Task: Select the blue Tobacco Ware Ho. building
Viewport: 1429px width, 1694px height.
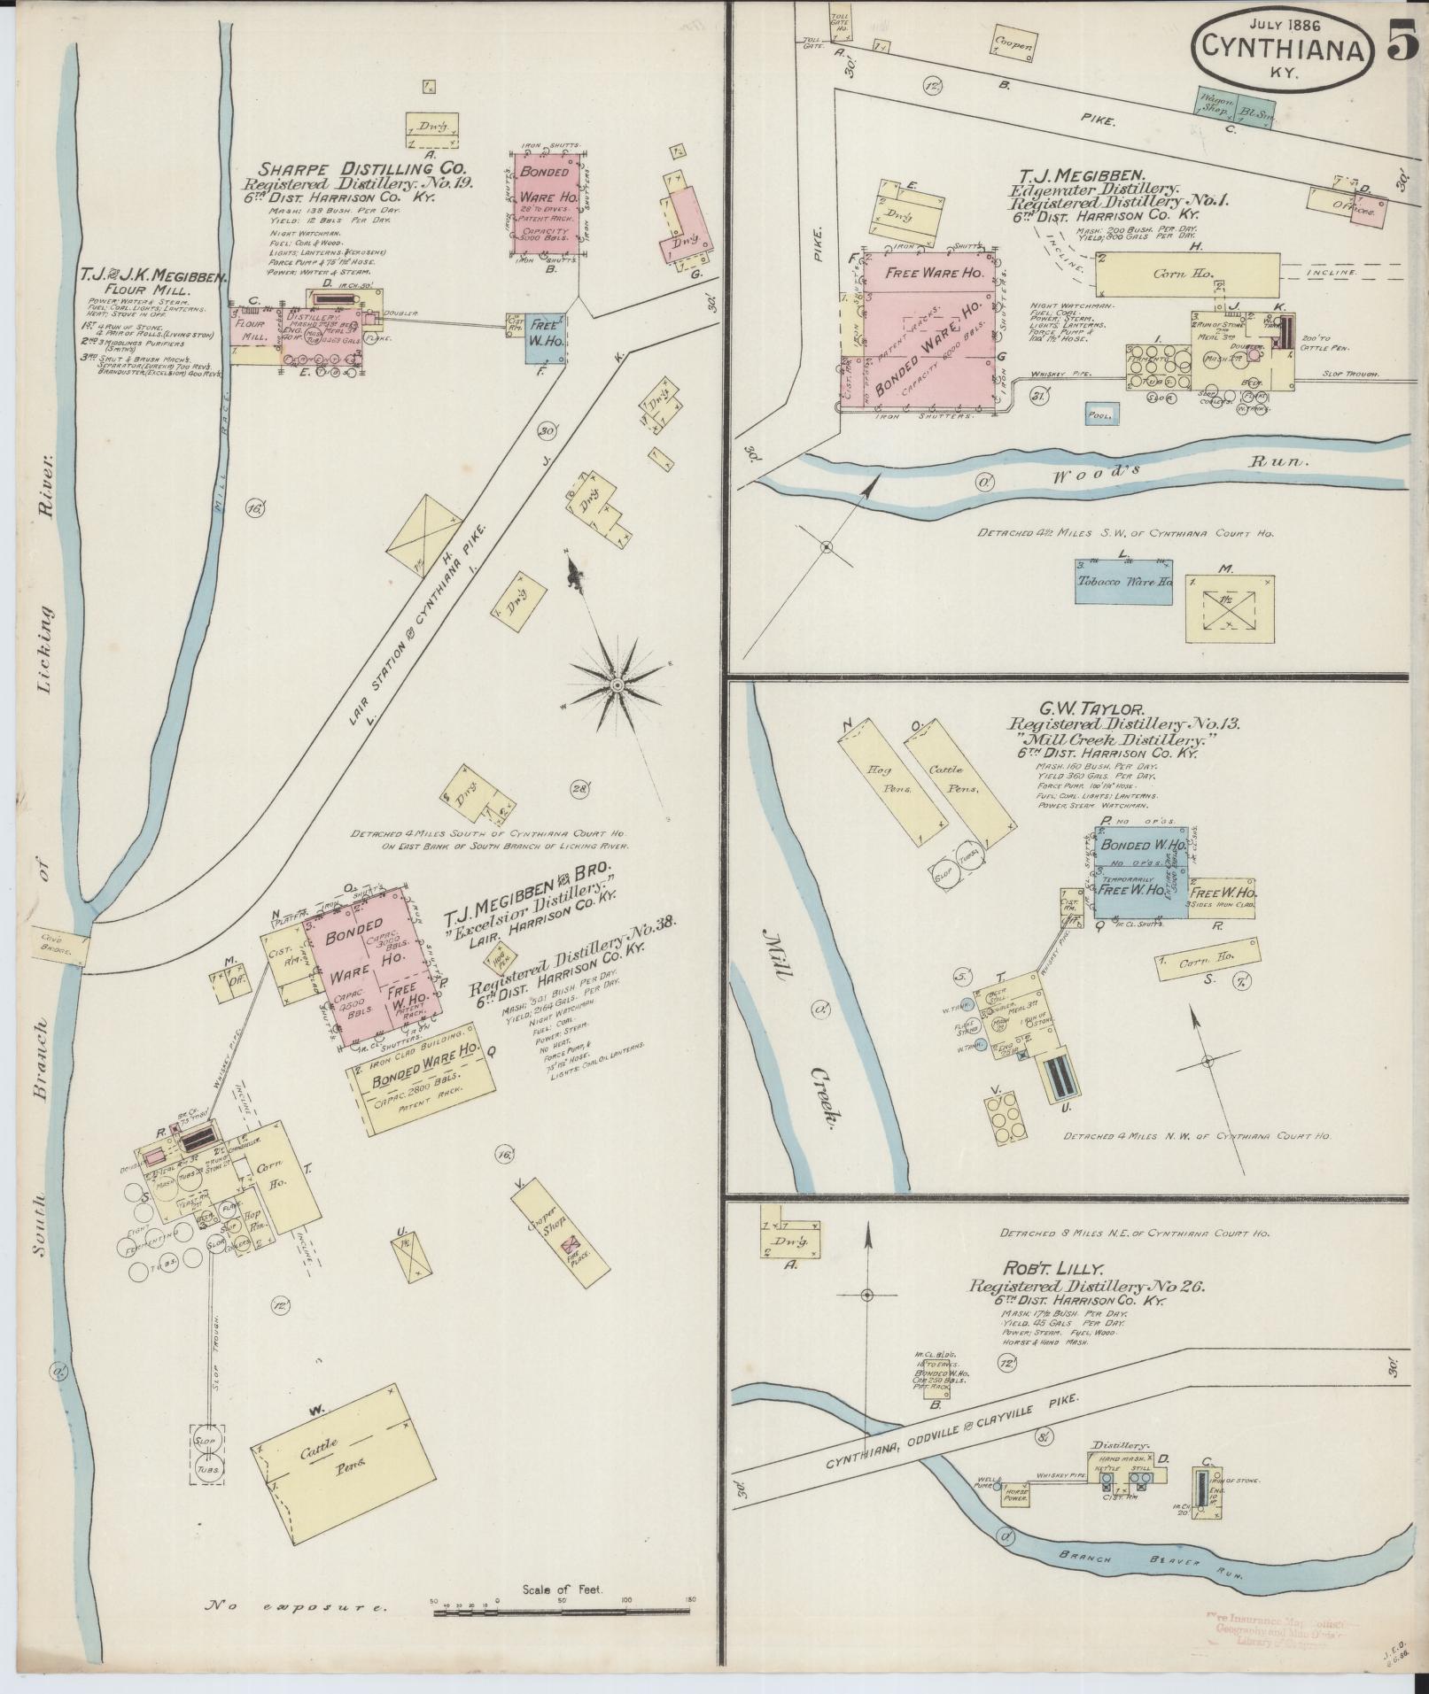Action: pos(1123,582)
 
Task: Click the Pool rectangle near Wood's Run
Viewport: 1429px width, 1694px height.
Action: pos(1101,413)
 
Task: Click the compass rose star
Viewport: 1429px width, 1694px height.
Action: pos(617,684)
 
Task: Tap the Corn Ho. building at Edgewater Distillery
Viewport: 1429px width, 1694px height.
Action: pos(1187,275)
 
